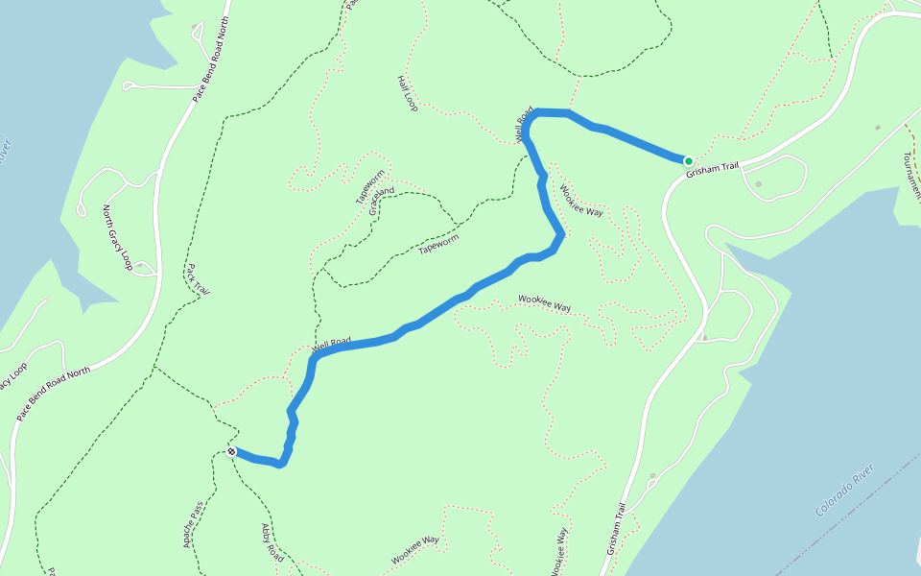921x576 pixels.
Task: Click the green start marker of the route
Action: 688,160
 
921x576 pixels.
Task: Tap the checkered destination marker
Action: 232,451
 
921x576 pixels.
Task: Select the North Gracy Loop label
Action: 117,237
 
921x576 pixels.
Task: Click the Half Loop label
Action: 408,93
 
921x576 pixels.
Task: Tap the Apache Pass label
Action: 194,523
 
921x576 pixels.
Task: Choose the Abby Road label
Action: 272,542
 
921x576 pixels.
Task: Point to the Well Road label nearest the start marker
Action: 524,126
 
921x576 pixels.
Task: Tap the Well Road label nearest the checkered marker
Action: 331,344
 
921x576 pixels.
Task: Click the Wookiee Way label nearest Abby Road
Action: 414,550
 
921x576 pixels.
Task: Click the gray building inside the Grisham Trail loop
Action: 759,184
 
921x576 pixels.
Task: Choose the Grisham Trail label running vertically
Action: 616,530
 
